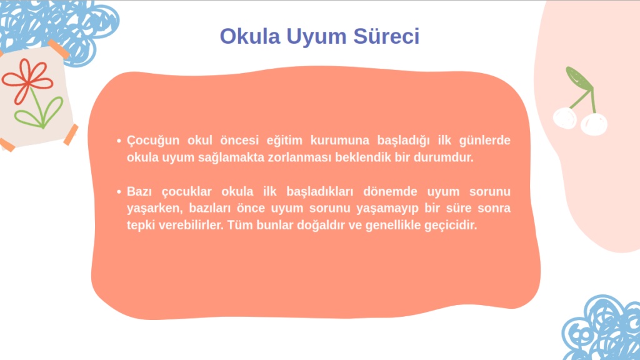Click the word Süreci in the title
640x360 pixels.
pos(386,36)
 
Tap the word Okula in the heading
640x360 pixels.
pos(250,36)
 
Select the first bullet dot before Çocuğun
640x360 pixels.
pos(119,141)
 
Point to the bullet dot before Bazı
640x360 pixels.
pos(119,191)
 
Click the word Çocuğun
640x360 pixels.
pos(153,141)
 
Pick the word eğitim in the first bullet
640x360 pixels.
pos(284,141)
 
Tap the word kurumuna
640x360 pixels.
pos(339,140)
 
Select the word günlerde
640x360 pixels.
pos(484,141)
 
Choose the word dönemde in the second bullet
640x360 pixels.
pos(390,191)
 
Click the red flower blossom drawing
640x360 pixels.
pos(27,81)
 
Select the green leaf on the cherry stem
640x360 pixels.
pos(578,77)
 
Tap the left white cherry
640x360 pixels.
pos(565,118)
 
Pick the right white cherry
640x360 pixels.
pos(594,124)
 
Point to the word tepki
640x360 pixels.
pos(141,225)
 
